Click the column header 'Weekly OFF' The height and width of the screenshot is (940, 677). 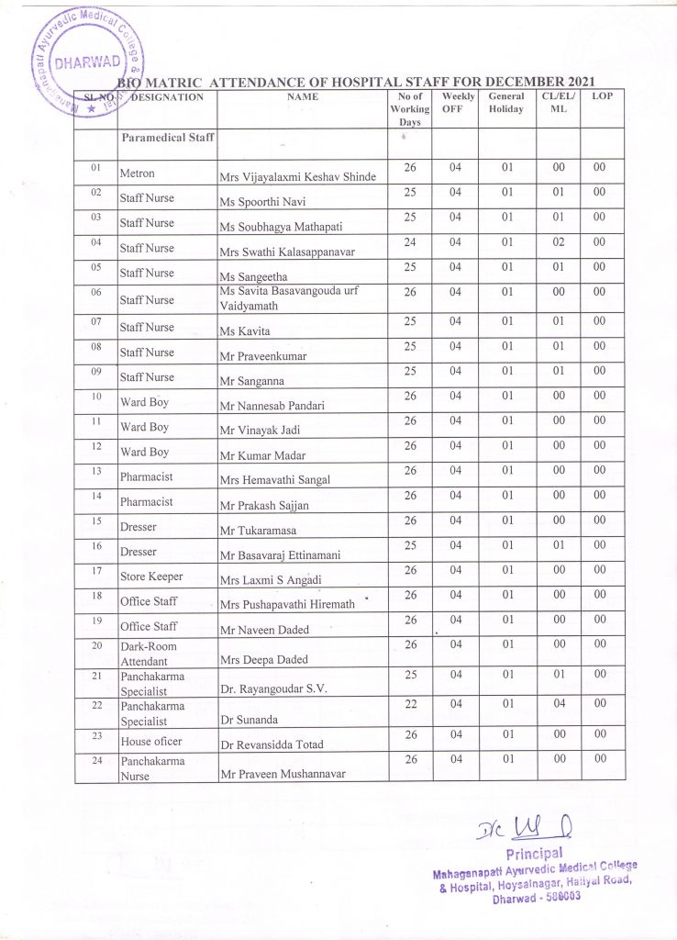point(455,102)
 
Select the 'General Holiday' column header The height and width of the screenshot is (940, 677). point(506,102)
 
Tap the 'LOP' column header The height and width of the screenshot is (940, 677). point(603,95)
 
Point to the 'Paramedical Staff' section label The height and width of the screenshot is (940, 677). point(167,138)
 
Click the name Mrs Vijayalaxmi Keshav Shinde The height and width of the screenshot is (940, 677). point(297,176)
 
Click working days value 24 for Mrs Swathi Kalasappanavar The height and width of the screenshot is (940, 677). point(410,242)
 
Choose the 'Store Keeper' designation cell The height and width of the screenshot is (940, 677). point(151,576)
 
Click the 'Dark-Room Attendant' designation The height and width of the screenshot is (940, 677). point(149,654)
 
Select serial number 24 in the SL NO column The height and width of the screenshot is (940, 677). point(95,760)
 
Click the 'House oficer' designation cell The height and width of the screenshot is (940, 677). point(151,741)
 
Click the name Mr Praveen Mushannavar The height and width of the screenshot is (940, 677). point(283,774)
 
